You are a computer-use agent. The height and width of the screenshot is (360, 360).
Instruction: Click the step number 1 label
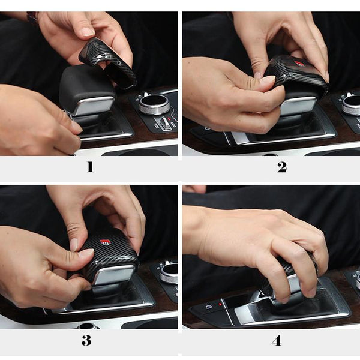90,167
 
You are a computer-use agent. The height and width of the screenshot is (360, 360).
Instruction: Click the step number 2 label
282,167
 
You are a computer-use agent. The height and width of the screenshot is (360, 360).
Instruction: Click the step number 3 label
86,340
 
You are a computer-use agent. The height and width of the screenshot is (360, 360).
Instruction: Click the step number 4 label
277,340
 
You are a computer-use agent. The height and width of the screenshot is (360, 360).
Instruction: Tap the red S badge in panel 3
106,242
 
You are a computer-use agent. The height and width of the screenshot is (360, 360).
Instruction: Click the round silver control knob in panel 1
154,104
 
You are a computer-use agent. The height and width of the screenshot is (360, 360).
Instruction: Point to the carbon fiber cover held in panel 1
108,62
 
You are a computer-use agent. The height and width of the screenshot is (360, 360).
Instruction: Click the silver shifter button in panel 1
95,106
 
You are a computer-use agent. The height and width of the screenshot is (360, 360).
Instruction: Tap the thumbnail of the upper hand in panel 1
88,31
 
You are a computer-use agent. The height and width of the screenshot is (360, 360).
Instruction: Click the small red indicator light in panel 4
220,304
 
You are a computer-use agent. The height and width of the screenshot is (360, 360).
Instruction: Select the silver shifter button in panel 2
298,106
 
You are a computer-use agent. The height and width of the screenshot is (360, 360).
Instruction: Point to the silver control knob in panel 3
169,273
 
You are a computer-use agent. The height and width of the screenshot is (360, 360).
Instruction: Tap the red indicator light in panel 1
169,119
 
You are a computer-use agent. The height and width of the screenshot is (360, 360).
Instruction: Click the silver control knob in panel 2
351,104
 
